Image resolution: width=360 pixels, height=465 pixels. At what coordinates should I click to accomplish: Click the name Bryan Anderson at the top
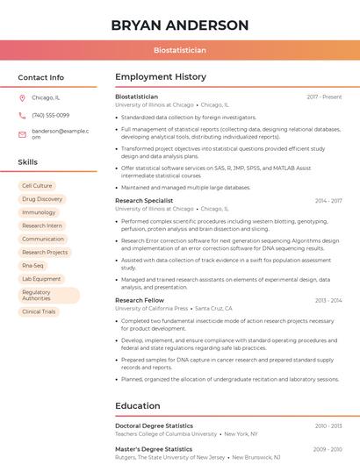point(180,25)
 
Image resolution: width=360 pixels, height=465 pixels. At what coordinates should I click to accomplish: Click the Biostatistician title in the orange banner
point(180,51)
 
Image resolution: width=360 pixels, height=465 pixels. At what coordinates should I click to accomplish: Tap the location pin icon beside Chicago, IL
point(22,98)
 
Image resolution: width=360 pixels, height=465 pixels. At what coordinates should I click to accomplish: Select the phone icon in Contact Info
point(22,116)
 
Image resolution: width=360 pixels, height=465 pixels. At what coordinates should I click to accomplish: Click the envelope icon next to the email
point(22,133)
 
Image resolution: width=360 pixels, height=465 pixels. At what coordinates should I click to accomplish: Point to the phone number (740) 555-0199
point(50,116)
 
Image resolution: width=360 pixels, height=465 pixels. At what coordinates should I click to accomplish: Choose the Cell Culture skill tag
point(37,186)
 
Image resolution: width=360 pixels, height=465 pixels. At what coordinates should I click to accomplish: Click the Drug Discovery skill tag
point(42,199)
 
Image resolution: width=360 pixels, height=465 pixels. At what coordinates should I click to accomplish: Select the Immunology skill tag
point(39,212)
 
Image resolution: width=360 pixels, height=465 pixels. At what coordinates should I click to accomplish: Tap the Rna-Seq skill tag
point(32,265)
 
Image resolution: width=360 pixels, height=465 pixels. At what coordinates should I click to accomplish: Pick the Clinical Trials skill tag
point(39,311)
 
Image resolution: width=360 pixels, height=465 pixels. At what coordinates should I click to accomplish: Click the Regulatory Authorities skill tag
point(48,296)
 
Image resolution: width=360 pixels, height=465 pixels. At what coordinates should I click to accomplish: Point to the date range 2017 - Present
point(324,97)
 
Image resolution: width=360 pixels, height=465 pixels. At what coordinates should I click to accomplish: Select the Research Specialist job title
point(144,201)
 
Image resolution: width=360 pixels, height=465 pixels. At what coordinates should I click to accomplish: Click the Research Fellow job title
point(140,300)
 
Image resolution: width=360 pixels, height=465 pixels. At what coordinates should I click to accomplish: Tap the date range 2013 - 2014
point(328,300)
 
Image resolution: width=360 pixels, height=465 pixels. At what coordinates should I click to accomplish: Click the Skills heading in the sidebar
point(28,162)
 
